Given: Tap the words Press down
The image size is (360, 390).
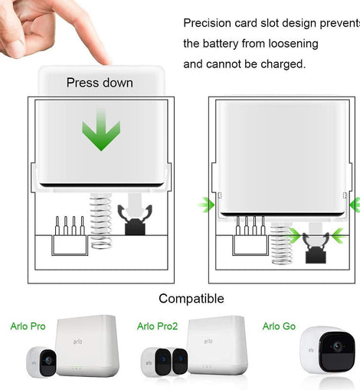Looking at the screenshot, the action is pyautogui.click(x=100, y=83).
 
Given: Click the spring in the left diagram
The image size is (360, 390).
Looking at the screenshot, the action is pyautogui.click(x=101, y=221).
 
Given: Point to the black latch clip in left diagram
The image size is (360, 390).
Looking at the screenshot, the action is pyautogui.click(x=135, y=220).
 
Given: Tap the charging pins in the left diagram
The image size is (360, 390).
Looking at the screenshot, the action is pyautogui.click(x=70, y=226).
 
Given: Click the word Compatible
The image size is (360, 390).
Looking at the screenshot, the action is pyautogui.click(x=191, y=299).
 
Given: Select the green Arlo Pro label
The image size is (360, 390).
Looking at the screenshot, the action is pyautogui.click(x=28, y=326).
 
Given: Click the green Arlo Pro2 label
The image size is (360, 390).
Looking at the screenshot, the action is pyautogui.click(x=157, y=326).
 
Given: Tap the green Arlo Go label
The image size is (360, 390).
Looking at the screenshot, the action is pyautogui.click(x=279, y=326).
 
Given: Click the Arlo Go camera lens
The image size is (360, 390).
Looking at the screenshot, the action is pyautogui.click(x=338, y=346).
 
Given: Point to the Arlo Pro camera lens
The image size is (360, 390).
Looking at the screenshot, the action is pyautogui.click(x=47, y=360).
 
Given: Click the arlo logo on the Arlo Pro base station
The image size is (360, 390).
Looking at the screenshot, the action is pyautogui.click(x=77, y=342).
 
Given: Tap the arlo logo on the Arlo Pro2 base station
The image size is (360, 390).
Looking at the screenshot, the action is pyautogui.click(x=208, y=341).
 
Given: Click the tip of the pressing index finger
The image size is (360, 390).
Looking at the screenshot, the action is pyautogui.click(x=105, y=62).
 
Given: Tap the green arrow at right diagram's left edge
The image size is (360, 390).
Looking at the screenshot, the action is pyautogui.click(x=206, y=205).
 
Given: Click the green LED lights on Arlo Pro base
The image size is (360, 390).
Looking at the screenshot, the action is pyautogui.click(x=76, y=369).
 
